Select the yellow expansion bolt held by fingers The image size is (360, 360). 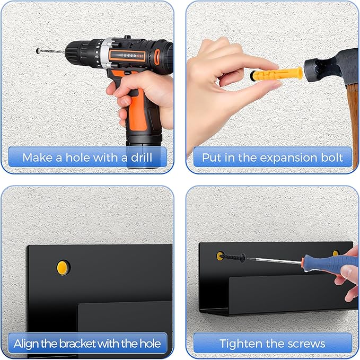277,74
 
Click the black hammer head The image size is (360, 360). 331,67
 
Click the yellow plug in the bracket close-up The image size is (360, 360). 63,267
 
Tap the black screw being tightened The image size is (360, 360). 232,257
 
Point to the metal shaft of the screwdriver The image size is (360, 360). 274,261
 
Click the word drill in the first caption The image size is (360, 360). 142,157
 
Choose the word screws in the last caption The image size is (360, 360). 306,344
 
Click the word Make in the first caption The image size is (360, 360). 38,157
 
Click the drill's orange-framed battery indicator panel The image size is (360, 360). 127,56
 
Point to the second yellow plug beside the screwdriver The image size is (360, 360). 336,253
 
